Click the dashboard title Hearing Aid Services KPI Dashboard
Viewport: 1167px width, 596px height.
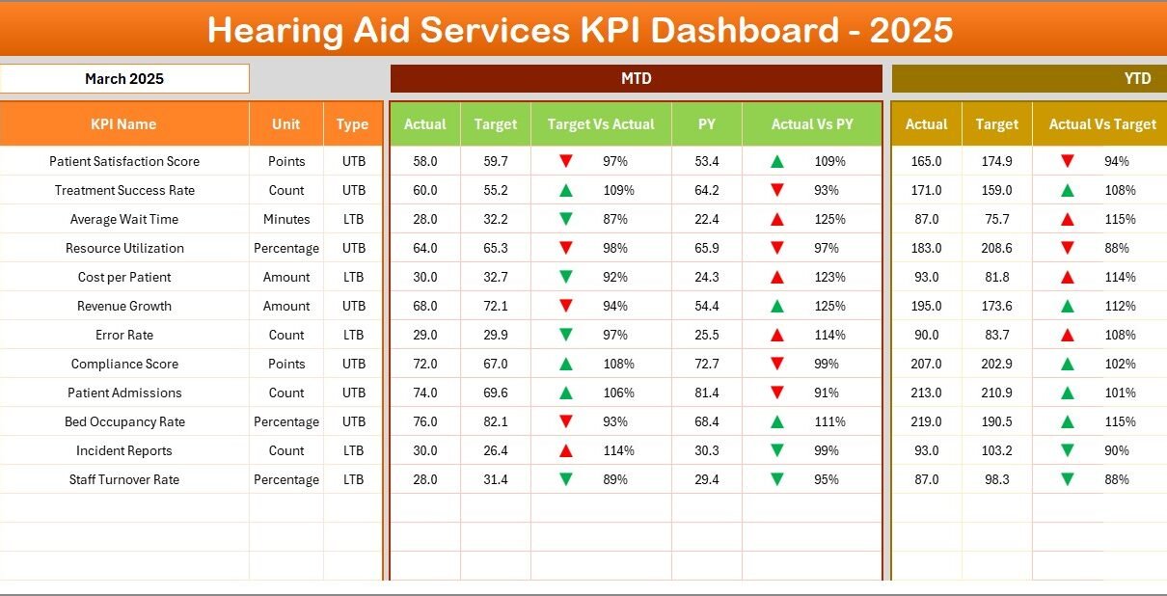581,31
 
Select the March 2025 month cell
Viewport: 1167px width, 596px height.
124,79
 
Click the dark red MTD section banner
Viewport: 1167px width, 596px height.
636,79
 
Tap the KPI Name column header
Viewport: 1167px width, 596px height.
123,124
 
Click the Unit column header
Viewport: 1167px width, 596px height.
285,124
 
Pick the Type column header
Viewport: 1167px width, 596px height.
353,124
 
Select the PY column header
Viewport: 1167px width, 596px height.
707,124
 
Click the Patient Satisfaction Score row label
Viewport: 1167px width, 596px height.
124,161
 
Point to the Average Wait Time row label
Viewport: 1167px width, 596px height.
124,219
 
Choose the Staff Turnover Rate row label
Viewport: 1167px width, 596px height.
124,479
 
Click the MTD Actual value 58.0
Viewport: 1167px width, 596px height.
424,161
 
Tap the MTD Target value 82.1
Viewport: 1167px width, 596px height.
496,421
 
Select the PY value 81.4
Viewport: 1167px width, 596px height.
707,393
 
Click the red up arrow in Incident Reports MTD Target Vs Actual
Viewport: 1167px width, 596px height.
566,450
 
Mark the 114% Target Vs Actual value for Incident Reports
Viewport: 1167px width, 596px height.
618,450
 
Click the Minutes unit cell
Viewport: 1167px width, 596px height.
286,219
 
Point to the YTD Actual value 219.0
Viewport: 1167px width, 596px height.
926,421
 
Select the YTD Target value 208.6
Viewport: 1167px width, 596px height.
996,248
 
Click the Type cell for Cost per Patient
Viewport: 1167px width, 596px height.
353,277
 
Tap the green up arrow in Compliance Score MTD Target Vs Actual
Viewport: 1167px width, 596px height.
566,364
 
